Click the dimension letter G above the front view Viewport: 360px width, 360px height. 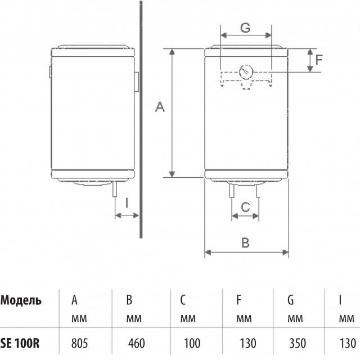(x=245, y=28)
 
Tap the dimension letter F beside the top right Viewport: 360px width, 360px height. (x=319, y=60)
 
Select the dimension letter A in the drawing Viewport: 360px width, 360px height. (x=160, y=107)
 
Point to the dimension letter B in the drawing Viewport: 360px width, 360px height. (x=245, y=242)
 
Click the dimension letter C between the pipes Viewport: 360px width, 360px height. (x=245, y=207)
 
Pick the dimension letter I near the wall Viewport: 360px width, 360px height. (x=127, y=203)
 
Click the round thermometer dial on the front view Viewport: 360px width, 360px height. (x=246, y=72)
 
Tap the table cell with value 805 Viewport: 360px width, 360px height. (x=79, y=344)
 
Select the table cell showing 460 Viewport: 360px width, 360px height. (x=136, y=344)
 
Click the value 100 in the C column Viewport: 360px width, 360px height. (x=192, y=344)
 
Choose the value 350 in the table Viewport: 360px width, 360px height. (x=298, y=344)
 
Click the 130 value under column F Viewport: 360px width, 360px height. (x=247, y=344)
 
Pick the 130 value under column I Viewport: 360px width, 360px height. (x=348, y=344)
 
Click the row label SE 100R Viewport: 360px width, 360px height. (x=20, y=344)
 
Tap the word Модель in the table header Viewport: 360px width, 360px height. (x=21, y=300)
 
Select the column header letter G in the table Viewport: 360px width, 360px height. (x=291, y=300)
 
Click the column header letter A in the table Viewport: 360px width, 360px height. (x=74, y=300)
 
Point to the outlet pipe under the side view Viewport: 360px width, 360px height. (x=115, y=188)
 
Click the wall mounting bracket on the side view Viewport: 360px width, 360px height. (x=136, y=82)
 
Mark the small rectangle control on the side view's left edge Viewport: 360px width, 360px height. (x=50, y=72)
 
